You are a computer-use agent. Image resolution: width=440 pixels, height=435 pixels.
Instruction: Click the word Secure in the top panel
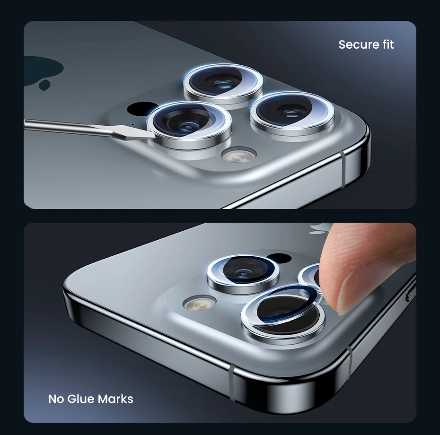[x=357, y=44]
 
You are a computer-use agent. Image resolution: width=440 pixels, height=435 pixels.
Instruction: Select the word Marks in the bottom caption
[x=115, y=399]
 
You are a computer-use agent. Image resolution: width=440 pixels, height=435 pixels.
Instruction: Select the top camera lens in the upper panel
[x=223, y=85]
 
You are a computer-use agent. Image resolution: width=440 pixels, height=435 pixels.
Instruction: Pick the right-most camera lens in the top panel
[x=292, y=114]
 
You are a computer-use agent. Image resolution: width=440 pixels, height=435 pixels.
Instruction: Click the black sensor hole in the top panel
[x=140, y=108]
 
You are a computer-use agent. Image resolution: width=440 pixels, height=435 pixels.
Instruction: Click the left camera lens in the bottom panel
[x=243, y=274]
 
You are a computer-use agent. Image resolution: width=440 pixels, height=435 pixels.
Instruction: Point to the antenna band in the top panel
[x=343, y=170]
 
